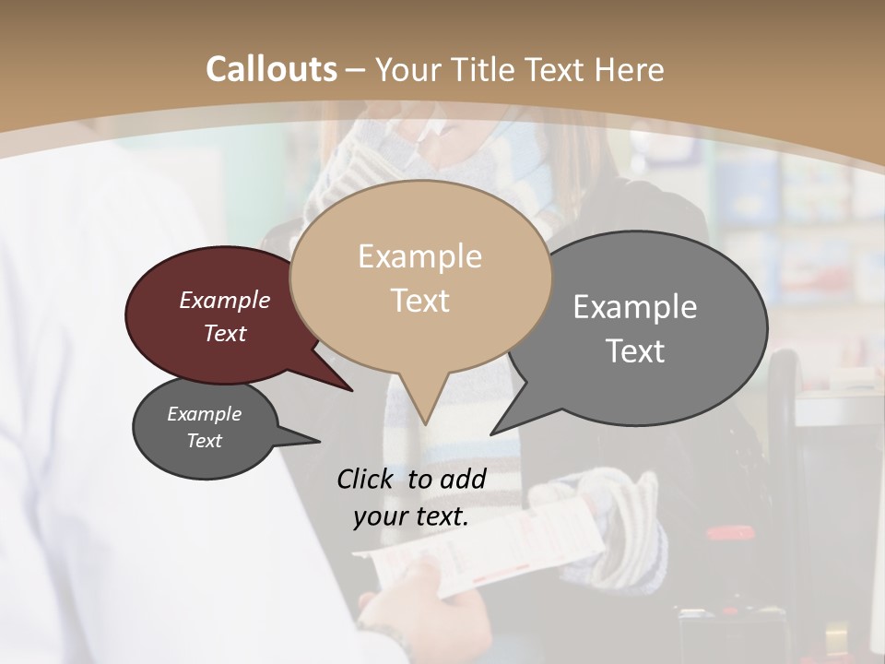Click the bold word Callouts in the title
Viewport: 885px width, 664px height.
click(x=271, y=69)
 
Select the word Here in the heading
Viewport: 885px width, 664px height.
click(x=630, y=69)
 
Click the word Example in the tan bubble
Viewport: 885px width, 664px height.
click(x=419, y=256)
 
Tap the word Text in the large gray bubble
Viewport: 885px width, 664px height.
click(x=635, y=351)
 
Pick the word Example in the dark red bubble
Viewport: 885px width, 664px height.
click(x=225, y=301)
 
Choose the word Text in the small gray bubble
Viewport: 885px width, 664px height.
click(x=205, y=441)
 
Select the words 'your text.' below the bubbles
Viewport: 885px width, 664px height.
click(x=411, y=516)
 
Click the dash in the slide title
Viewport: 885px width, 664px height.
click(x=357, y=69)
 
